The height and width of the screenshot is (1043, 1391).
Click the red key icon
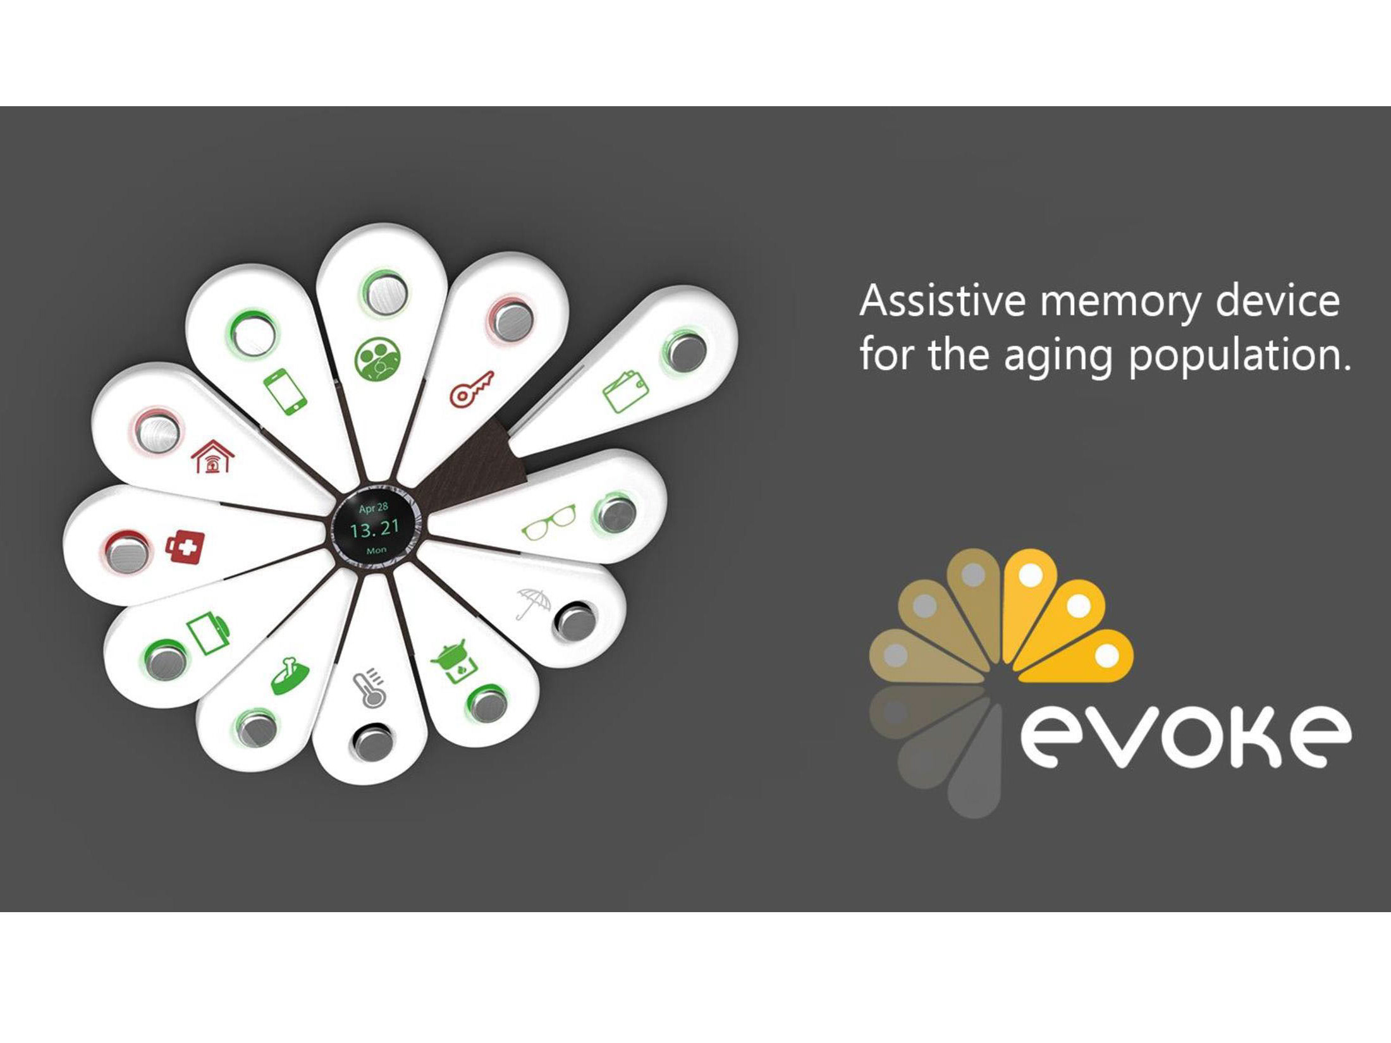(x=471, y=389)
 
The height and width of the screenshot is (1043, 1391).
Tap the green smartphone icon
(x=285, y=391)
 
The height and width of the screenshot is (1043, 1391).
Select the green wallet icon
(x=625, y=391)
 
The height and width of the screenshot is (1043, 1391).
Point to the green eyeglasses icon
(x=549, y=521)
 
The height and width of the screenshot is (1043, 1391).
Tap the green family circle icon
(x=377, y=359)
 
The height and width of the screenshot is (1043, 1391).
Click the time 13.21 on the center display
(x=375, y=528)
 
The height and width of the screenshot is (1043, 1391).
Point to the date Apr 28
(x=373, y=508)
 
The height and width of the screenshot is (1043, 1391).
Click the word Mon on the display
(x=376, y=550)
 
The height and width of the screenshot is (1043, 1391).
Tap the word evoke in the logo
(x=1186, y=736)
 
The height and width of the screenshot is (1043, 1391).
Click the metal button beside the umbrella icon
(x=574, y=621)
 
